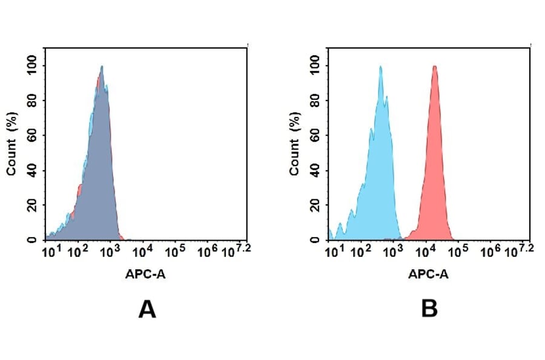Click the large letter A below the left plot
click(147, 310)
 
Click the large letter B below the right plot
click(429, 310)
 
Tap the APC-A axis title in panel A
click(146, 274)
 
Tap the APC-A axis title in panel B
click(428, 274)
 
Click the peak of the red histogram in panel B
click(434, 67)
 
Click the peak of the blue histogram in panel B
click(380, 67)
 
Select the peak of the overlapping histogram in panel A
click(102, 67)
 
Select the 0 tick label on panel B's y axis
click(315, 239)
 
